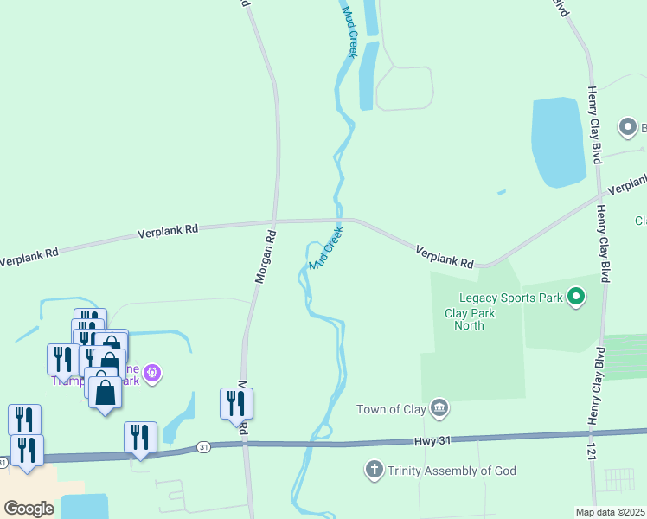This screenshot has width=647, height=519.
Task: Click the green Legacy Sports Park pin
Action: tap(576, 298)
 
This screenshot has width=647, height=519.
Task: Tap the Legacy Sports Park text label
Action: tap(510, 298)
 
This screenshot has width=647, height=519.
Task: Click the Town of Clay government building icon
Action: tap(439, 407)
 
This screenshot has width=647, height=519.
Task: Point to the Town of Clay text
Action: tap(392, 409)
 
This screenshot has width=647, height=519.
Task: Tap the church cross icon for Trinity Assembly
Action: tap(374, 470)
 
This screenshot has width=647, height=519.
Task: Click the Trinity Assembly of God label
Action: tap(452, 471)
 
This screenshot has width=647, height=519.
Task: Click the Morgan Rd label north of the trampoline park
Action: tap(265, 257)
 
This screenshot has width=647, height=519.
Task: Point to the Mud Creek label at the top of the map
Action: tap(349, 31)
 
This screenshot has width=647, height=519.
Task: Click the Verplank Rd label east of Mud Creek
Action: tap(445, 256)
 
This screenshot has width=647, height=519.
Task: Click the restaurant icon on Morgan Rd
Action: tap(236, 402)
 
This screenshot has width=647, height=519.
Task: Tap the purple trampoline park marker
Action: tap(152, 373)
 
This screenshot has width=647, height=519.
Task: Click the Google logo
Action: tap(29, 508)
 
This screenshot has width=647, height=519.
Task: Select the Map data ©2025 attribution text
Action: tap(610, 512)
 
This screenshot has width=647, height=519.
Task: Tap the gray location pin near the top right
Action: tap(628, 128)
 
